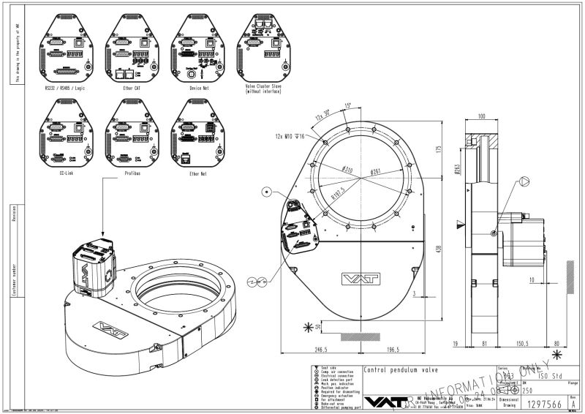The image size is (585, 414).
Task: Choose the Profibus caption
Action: pyautogui.click(x=132, y=174)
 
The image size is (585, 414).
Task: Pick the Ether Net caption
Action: pyautogui.click(x=197, y=174)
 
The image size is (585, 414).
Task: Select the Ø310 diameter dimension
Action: pyautogui.click(x=347, y=170)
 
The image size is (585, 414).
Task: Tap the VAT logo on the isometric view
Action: pyautogui.click(x=107, y=325)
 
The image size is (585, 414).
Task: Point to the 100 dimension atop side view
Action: pyautogui.click(x=482, y=116)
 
